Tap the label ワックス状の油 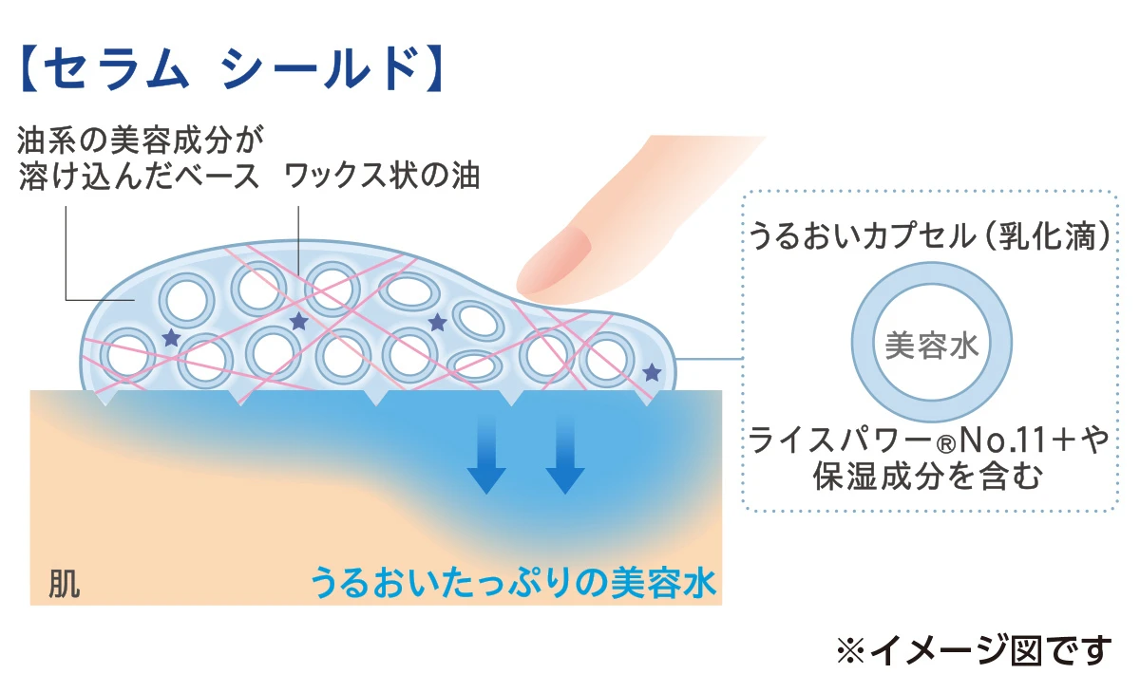[383, 177]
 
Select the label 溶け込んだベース [139, 177]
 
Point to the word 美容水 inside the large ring [931, 346]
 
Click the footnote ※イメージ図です [973, 650]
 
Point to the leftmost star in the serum [171, 337]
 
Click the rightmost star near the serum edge [651, 372]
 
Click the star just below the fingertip [437, 323]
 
